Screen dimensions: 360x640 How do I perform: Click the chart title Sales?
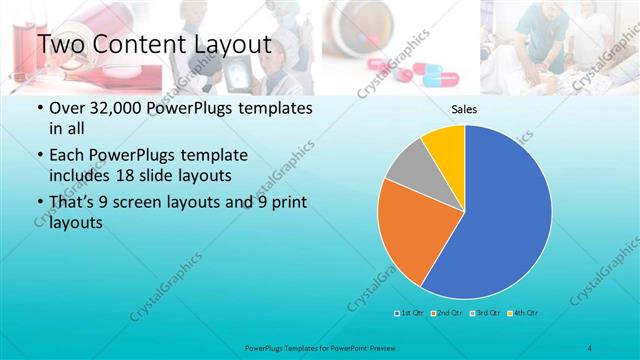(463, 109)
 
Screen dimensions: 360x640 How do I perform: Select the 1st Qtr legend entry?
(410, 314)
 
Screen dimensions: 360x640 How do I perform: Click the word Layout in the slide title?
(226, 45)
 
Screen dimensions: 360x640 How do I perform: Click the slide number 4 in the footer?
(589, 346)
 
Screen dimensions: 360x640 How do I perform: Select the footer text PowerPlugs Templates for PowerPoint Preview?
(319, 346)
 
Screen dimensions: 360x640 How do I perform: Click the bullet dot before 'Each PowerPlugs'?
(39, 157)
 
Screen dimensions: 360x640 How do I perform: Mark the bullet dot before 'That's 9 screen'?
(39, 205)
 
